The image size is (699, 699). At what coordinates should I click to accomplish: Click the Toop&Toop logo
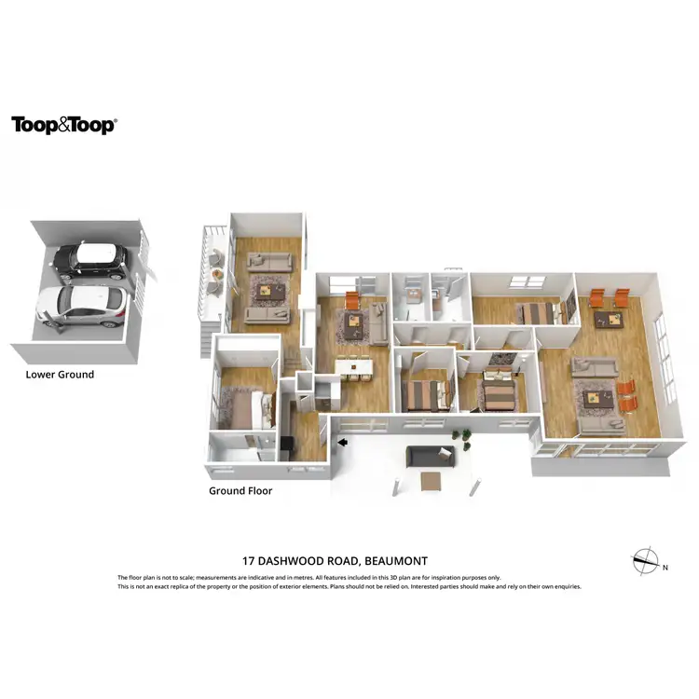(x=63, y=126)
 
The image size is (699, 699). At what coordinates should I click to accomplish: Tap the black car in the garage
(x=89, y=261)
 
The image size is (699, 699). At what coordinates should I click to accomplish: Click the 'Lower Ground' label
(x=60, y=375)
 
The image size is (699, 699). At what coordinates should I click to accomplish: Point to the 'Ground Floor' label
(x=240, y=490)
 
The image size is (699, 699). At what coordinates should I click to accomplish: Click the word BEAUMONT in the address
(x=395, y=561)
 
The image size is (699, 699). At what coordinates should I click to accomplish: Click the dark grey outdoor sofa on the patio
(x=429, y=456)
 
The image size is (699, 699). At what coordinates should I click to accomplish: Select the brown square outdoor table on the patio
(x=432, y=481)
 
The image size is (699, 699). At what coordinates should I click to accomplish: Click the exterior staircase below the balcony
(x=207, y=336)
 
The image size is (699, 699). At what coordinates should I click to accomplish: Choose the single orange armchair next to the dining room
(x=351, y=300)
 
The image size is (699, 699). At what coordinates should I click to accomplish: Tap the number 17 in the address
(x=249, y=561)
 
